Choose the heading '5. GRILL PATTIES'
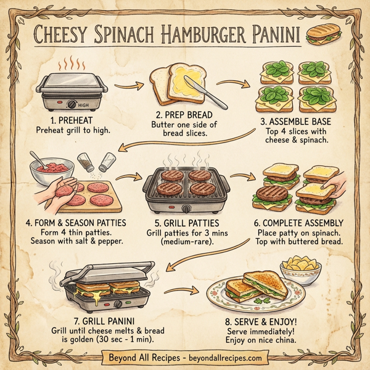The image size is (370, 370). point(184,223)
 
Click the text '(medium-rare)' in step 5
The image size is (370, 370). point(183,243)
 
